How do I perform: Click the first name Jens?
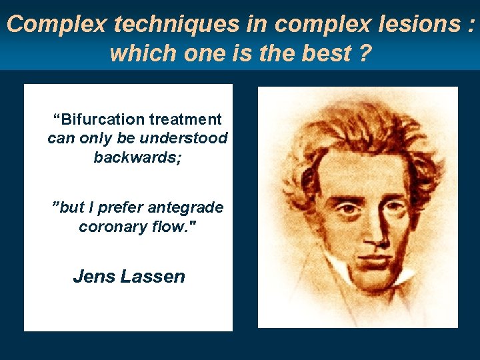94,276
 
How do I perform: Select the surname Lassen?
153,276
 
